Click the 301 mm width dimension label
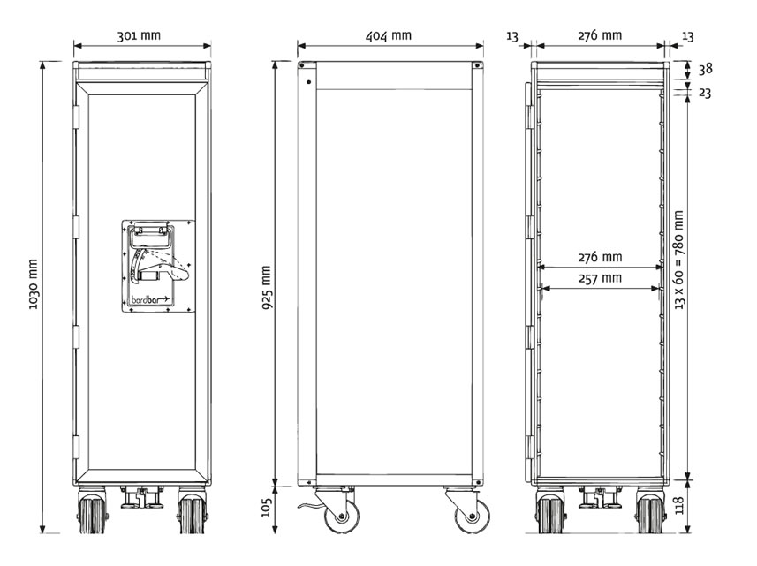(139, 35)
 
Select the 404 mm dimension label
(388, 35)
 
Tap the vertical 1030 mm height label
(33, 284)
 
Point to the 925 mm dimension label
(266, 288)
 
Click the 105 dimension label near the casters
(267, 507)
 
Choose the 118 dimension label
(679, 505)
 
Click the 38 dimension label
(706, 69)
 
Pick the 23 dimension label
(706, 93)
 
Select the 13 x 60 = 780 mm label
(679, 260)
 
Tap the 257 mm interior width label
(600, 278)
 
